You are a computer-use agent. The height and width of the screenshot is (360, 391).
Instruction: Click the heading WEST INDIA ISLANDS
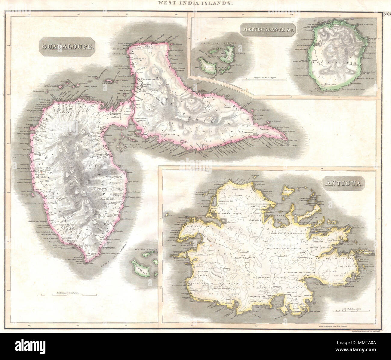click(195, 3)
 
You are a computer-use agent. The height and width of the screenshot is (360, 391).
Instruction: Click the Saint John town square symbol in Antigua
click(224, 221)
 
